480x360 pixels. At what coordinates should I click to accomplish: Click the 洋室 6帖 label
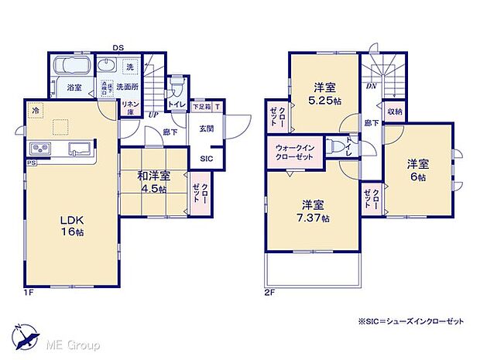pyautogui.click(x=419, y=170)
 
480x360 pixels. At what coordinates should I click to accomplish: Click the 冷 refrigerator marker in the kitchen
pyautogui.click(x=35, y=111)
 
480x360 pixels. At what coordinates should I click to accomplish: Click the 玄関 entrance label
pyautogui.click(x=206, y=129)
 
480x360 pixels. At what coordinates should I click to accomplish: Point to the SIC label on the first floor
pyautogui.click(x=206, y=159)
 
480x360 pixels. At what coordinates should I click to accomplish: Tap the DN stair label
pyautogui.click(x=372, y=87)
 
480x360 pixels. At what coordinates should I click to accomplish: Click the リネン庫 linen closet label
pyautogui.click(x=129, y=108)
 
